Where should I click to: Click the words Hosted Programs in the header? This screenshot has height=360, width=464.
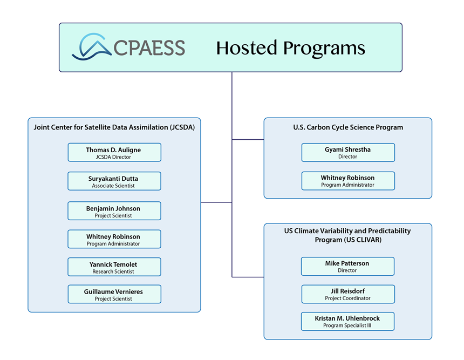tap(290, 48)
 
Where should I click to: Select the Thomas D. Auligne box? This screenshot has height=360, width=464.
tap(114, 152)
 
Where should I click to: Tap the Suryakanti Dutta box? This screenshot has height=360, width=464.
tap(114, 181)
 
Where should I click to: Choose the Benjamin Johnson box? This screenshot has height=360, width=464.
tap(114, 211)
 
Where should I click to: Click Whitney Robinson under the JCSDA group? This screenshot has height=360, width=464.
tap(114, 239)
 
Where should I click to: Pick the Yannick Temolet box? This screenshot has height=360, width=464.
tap(114, 267)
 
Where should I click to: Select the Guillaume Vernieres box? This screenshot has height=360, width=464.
tap(114, 294)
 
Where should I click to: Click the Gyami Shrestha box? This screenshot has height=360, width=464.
tap(348, 152)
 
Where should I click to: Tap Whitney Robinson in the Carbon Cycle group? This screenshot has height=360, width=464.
tap(348, 181)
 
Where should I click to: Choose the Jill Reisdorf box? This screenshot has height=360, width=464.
tap(348, 294)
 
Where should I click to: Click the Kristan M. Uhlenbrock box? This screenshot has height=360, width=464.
tap(348, 321)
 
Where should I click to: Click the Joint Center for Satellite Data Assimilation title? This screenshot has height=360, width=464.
tap(114, 127)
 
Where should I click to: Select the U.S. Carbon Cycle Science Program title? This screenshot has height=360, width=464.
tap(348, 127)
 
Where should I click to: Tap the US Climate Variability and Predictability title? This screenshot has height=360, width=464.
tap(348, 235)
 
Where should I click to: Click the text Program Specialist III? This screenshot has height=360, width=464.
tap(348, 325)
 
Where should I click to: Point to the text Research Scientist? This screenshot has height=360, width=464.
tap(114, 271)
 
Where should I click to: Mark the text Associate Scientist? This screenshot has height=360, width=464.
tap(114, 186)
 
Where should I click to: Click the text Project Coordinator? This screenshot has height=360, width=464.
tap(348, 298)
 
